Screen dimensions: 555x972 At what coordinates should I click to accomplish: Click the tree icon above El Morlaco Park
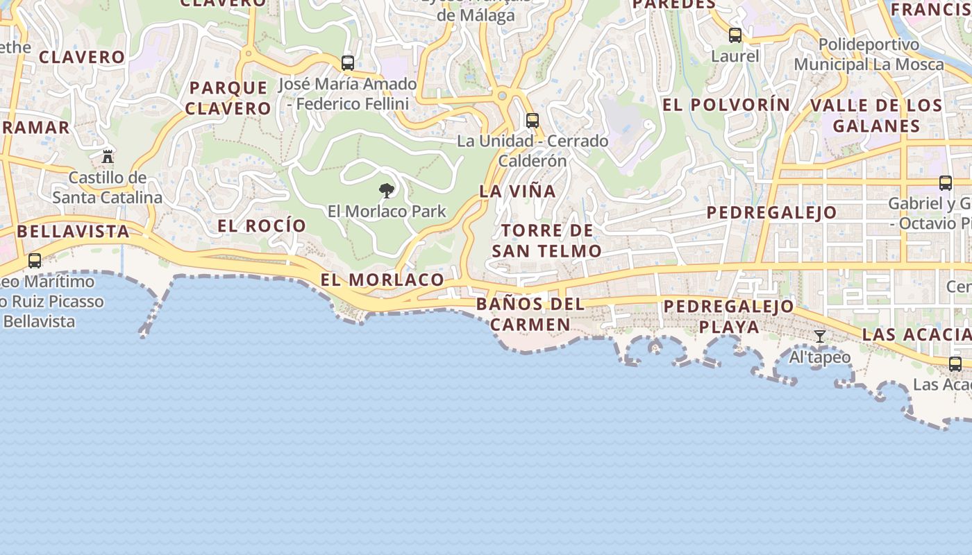387,190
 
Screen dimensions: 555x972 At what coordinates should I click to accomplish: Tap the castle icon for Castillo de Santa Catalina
108,156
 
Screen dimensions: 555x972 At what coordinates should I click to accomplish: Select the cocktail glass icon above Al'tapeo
820,336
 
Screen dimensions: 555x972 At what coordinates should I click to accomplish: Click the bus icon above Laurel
735,35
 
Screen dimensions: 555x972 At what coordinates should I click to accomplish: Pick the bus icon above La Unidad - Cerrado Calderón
533,120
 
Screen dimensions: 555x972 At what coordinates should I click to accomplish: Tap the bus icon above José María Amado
348,63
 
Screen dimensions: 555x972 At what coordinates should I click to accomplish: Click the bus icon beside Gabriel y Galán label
946,183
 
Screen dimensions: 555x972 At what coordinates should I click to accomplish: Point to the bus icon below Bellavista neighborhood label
35,261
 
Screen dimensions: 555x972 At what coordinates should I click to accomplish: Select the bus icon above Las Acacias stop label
955,364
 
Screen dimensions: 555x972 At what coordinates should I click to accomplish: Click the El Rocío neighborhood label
262,225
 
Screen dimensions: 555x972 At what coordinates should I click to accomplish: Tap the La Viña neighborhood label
518,191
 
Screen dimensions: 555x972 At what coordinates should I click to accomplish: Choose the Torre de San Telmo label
547,241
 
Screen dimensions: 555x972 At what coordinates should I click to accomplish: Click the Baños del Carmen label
531,314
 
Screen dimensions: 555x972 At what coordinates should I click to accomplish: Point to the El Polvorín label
726,105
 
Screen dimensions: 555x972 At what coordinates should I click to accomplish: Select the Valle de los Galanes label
877,116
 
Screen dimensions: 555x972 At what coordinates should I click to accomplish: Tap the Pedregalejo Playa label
728,316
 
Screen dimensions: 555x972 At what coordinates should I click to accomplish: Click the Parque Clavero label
228,98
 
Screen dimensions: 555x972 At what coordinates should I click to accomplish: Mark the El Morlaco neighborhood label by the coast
382,280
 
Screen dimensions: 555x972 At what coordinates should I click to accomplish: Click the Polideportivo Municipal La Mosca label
869,55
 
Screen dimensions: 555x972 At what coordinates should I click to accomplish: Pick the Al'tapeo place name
820,357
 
